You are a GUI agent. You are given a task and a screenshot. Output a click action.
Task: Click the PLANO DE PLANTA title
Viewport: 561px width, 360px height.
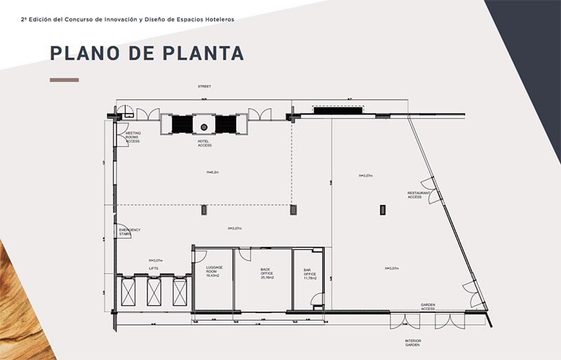pyautogui.click(x=147, y=53)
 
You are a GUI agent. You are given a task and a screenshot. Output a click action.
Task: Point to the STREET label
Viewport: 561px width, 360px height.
pyautogui.click(x=204, y=86)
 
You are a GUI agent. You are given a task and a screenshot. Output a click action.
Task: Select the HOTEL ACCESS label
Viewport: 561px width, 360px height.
pyautogui.click(x=204, y=143)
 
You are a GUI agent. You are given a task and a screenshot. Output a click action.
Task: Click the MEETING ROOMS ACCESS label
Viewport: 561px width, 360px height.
pyautogui.click(x=133, y=137)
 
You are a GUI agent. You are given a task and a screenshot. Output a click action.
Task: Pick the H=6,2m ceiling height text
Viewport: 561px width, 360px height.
pyautogui.click(x=204, y=172)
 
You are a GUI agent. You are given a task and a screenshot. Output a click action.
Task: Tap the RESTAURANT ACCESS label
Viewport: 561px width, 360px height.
pyautogui.click(x=414, y=195)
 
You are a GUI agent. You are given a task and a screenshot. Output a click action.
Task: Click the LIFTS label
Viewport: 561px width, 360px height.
pyautogui.click(x=154, y=267)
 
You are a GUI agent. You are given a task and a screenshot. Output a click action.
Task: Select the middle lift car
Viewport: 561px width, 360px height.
pyautogui.click(x=155, y=291)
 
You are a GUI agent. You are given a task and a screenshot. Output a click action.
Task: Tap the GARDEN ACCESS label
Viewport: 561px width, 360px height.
pyautogui.click(x=428, y=307)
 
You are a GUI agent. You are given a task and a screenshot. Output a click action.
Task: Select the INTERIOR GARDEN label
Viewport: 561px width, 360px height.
pyautogui.click(x=412, y=343)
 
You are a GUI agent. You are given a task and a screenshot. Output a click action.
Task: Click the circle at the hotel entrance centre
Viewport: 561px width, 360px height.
pyautogui.click(x=204, y=127)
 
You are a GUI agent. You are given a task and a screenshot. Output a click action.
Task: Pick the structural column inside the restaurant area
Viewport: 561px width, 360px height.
pyautogui.click(x=382, y=208)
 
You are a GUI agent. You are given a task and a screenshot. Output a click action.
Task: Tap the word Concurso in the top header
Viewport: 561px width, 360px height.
pyautogui.click(x=90, y=19)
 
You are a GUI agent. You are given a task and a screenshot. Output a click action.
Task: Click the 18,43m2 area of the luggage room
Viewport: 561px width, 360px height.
pyautogui.click(x=214, y=276)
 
